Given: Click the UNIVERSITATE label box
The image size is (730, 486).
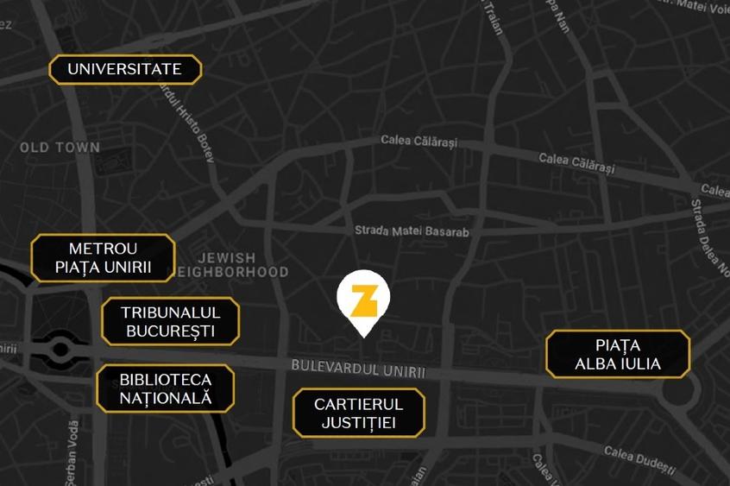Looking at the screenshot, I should coord(125,69).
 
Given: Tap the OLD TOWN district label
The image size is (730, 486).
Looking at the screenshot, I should coord(60,148).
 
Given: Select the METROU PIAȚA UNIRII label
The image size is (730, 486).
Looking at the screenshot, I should coord(104,258).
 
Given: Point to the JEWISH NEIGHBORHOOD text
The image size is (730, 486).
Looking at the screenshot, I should coord(227,265).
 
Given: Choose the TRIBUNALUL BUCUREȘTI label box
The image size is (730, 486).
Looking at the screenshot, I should coord(170,321).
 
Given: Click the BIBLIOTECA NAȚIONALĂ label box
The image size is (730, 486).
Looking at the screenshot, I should coord(165,388).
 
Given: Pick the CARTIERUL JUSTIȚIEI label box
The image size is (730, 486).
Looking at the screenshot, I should coord(358,413).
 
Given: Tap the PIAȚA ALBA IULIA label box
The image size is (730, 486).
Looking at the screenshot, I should coord(618,354).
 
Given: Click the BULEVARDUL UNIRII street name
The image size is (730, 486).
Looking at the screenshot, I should coord(358,369).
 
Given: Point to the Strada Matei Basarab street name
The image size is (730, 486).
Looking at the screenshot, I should coord(412,231).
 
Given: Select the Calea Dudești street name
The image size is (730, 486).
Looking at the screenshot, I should coord(639,459).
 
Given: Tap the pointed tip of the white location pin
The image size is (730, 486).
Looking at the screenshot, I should coord(363,336).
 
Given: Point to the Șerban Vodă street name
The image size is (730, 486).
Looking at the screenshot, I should coord(72,449).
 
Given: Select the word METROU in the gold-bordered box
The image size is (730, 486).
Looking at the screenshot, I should coord(104,249).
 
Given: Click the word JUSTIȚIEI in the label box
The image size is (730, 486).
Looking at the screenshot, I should coord(358,423).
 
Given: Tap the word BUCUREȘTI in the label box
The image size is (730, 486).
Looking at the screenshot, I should coord(170,331).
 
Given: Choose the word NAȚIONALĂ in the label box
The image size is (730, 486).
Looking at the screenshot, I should coord(165,398).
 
